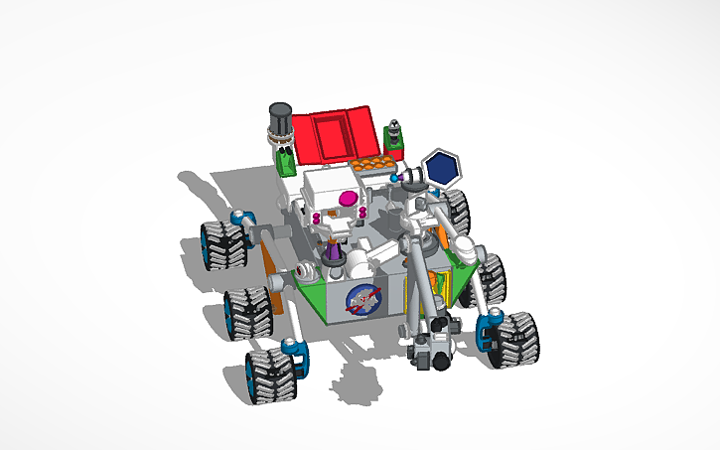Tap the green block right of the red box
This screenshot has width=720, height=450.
point(394,140)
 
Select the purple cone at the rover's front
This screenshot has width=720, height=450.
point(336,260)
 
